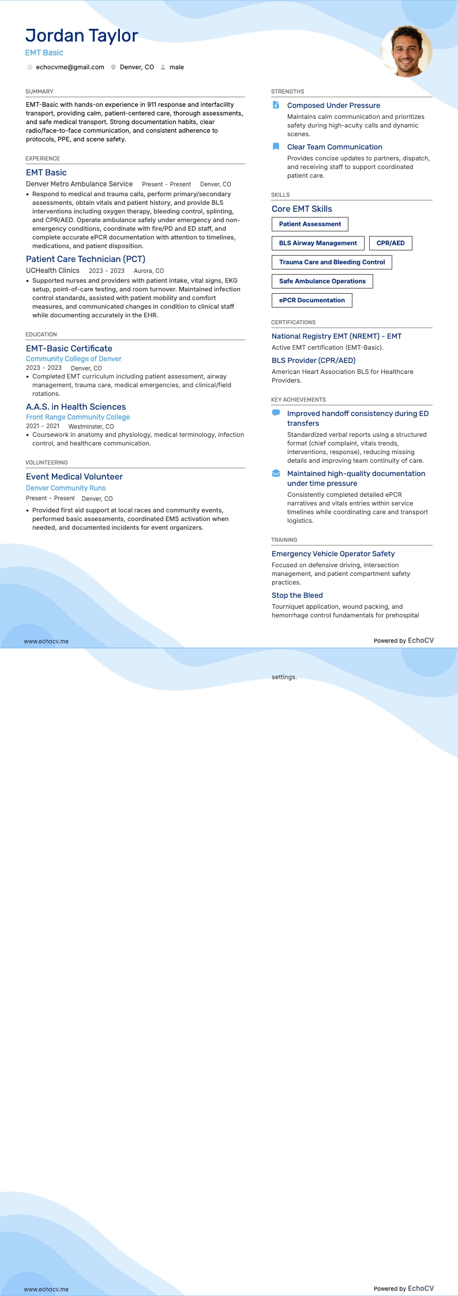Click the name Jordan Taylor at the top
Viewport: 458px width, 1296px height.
(81, 36)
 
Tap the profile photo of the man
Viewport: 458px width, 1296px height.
(407, 51)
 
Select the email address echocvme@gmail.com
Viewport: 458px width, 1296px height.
(70, 68)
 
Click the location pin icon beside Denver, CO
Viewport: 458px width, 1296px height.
(114, 68)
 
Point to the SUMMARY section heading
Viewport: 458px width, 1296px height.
(39, 92)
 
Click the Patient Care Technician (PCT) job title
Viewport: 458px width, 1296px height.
(85, 259)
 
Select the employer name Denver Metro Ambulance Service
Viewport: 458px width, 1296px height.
(79, 184)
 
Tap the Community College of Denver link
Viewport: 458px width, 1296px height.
(73, 359)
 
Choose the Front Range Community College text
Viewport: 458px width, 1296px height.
(78, 417)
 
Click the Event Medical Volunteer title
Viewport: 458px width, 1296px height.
(74, 477)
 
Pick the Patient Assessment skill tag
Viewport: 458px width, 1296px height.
(310, 224)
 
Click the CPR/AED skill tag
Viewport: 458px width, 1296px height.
(391, 243)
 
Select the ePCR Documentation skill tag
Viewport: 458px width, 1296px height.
(311, 300)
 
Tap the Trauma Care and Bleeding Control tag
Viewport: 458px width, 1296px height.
(332, 262)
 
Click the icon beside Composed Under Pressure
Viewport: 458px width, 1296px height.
(276, 105)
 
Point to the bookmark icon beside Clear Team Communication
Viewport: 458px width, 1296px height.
(276, 147)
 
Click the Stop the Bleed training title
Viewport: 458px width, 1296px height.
(297, 595)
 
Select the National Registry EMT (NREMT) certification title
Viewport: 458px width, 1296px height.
(336, 336)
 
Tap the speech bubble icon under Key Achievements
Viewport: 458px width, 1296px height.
(276, 413)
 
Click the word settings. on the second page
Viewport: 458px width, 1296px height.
(284, 677)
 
